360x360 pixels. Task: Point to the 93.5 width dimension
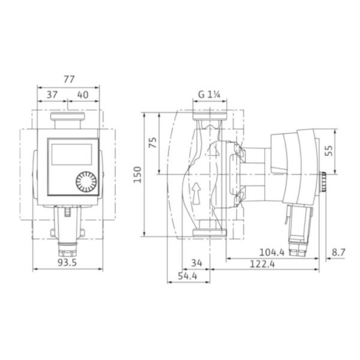(67, 262)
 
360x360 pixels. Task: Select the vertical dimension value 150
(137, 174)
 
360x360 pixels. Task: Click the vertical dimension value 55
(328, 150)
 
